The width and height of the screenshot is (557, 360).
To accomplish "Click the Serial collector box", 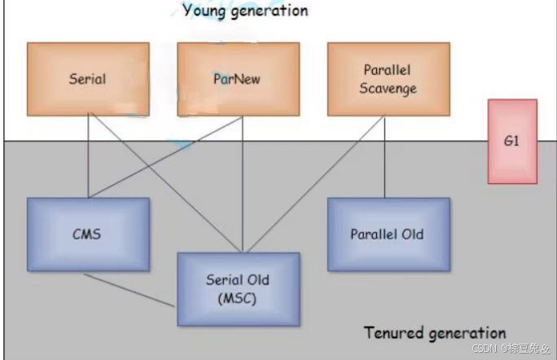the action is coord(88,79).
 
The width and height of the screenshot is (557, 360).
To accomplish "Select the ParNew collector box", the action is coord(239,79).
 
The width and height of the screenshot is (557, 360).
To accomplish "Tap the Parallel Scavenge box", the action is coord(388,79).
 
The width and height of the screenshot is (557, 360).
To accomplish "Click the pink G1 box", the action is coord(512,142).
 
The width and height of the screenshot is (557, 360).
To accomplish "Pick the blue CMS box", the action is coord(88,235).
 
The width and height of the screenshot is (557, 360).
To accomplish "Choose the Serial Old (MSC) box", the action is coord(239,289).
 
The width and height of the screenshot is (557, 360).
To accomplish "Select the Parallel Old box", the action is coord(388,235).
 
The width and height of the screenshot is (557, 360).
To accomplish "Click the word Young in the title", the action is coord(204,11).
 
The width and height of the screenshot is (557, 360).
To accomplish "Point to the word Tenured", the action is coord(393,332).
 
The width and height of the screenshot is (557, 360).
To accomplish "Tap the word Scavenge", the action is coord(388,89).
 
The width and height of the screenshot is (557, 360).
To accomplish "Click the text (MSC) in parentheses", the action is coord(237,298).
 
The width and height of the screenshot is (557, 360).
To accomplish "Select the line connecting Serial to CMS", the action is coord(88,156).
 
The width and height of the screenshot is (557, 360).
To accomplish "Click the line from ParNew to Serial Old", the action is coord(243,184).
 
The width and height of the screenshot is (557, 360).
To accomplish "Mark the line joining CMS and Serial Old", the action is coord(129,290).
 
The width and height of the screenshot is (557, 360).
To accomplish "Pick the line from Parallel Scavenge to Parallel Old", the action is coord(384,156).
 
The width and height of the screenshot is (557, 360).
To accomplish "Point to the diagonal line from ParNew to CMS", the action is coord(165,157).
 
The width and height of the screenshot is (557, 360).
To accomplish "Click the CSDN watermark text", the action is coord(511,349).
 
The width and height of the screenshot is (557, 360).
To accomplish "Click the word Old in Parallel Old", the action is coord(412,235).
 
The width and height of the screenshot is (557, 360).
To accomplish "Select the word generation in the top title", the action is coord(270,11).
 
